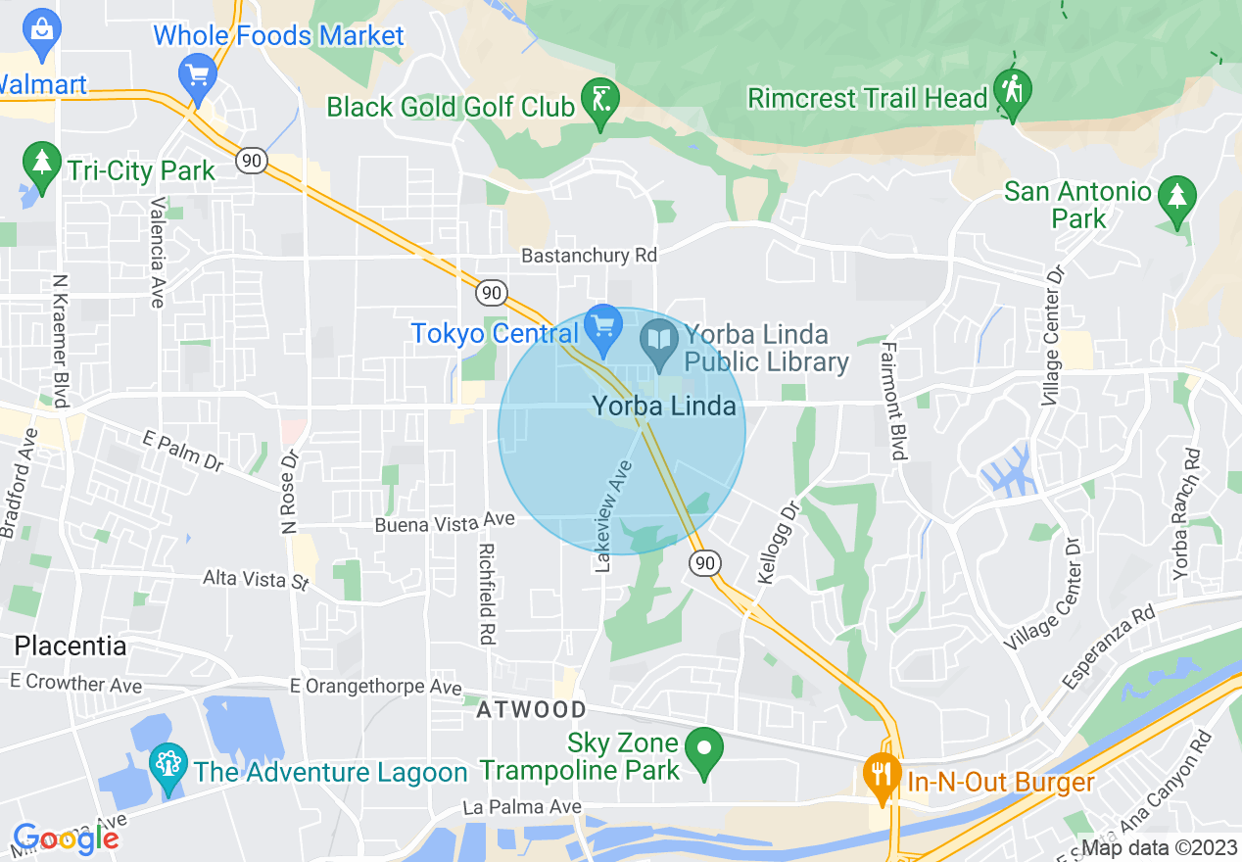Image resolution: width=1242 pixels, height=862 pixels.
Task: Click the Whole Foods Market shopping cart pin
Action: coord(198,74)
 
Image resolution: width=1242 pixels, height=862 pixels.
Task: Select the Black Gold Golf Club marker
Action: coord(599,100)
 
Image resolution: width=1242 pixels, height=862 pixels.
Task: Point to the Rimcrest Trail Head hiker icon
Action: coord(1011,90)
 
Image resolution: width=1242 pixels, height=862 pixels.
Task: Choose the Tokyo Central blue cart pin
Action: coord(600,326)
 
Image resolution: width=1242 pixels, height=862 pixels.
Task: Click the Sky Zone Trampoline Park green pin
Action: coord(703,751)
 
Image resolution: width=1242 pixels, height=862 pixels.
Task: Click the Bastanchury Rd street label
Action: coord(589,255)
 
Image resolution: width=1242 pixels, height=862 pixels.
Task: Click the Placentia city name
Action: coord(70,646)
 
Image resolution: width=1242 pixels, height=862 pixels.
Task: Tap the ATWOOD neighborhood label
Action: coord(531,710)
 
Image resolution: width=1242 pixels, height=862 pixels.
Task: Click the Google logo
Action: coord(65,838)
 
